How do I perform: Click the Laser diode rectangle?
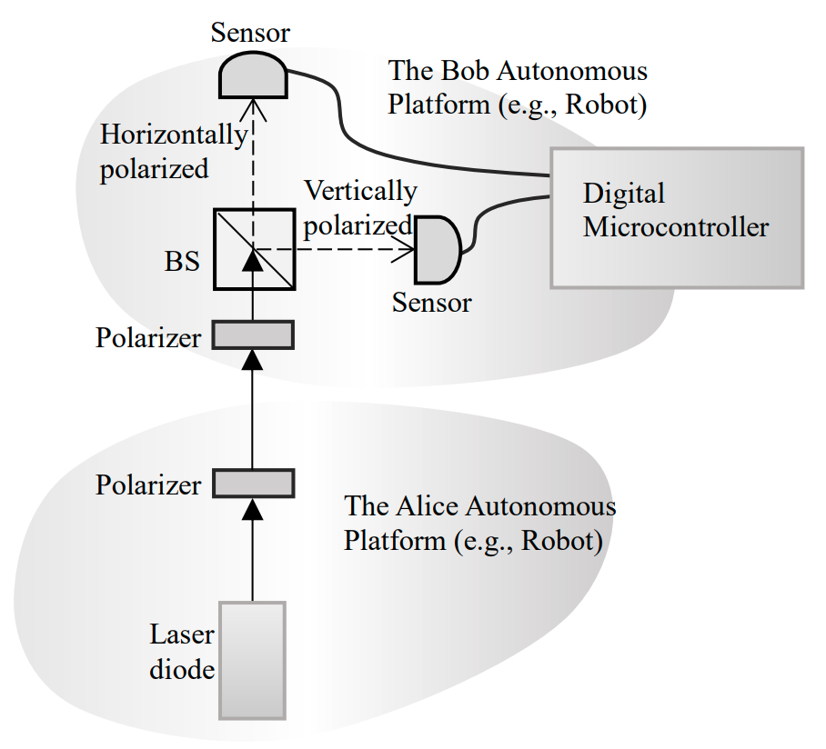[x=253, y=659]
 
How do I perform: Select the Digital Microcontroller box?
[x=676, y=218]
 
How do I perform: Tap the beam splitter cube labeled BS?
[x=253, y=249]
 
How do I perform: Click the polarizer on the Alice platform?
[x=253, y=483]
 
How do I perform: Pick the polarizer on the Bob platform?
[x=253, y=335]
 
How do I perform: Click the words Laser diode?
[x=183, y=654]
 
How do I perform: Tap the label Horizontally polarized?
[x=173, y=151]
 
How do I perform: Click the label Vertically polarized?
[x=359, y=207]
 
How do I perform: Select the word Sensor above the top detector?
[x=249, y=34]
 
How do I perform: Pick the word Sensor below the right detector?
[x=431, y=302]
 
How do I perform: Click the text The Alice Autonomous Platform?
[x=479, y=523]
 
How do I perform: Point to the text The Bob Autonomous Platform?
[x=518, y=87]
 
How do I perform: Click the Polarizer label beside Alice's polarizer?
[x=148, y=484]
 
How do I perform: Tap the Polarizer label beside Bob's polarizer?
[x=148, y=338]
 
